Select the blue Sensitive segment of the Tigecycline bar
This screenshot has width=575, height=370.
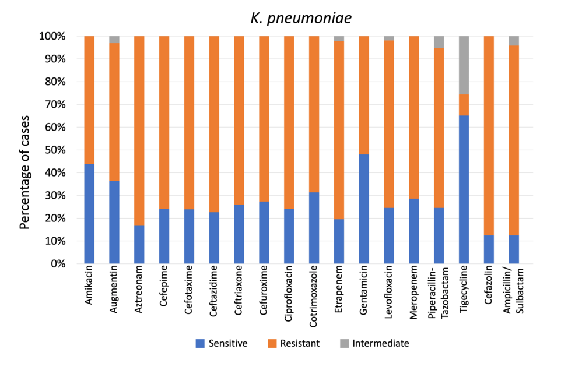464,189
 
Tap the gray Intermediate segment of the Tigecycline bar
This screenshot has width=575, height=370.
464,65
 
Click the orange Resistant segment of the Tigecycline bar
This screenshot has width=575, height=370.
464,105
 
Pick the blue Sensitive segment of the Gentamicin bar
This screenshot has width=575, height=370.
364,209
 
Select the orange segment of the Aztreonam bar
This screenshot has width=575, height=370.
139,131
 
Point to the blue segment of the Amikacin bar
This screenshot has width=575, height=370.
89,213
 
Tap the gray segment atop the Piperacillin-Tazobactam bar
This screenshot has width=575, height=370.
439,42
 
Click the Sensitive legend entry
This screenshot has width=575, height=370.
222,343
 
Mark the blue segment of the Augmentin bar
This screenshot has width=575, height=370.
114,222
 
